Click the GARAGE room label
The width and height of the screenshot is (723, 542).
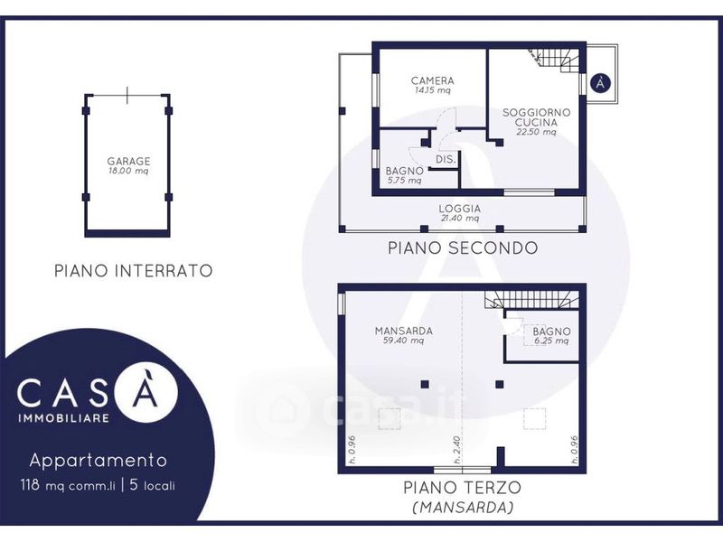(128, 162)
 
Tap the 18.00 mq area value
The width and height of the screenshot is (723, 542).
(128, 171)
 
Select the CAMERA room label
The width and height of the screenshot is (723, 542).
(433, 80)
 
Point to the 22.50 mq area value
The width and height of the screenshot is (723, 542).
(536, 132)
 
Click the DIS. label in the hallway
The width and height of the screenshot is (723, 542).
(446, 160)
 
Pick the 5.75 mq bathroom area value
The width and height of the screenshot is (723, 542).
(404, 181)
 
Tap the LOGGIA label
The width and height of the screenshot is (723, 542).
(460, 209)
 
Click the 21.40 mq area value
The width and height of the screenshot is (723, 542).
(460, 218)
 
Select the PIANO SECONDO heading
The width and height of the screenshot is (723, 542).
(463, 248)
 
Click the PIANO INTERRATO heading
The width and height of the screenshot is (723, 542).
(134, 270)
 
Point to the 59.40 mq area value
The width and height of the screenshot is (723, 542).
(403, 341)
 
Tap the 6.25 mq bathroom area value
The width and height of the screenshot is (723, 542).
(551, 341)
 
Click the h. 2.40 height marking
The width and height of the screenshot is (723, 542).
(457, 450)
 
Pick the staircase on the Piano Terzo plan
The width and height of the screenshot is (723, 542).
(531, 300)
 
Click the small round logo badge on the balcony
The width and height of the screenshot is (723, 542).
(600, 83)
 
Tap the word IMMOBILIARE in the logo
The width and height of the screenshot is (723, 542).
(63, 418)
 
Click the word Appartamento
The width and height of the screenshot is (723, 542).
(99, 461)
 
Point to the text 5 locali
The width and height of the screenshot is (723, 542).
(153, 485)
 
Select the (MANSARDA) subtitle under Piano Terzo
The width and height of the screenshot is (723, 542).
(463, 508)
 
